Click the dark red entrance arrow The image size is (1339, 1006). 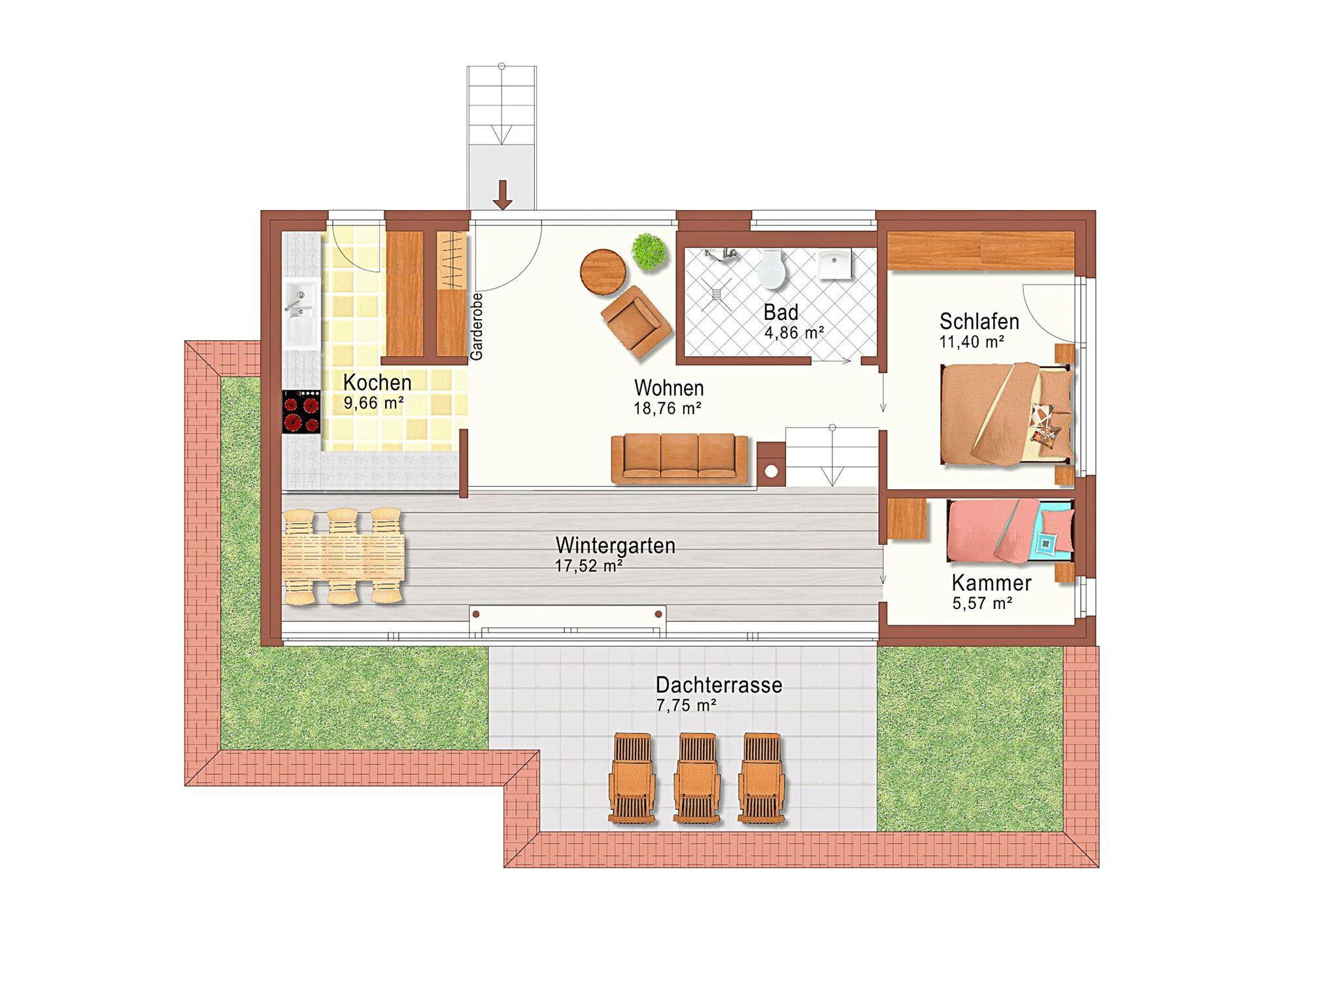(503, 196)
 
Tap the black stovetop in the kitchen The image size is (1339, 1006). (301, 411)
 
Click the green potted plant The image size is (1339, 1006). (649, 251)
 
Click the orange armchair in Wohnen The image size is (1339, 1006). (637, 322)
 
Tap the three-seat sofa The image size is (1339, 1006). (680, 459)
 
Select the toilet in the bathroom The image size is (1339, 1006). (772, 271)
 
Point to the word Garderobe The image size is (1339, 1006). (477, 326)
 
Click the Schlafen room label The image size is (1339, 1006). (979, 321)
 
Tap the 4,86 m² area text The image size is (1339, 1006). (794, 332)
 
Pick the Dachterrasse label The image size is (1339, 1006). (719, 685)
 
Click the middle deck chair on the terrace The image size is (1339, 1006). (697, 777)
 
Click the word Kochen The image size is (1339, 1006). (377, 382)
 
